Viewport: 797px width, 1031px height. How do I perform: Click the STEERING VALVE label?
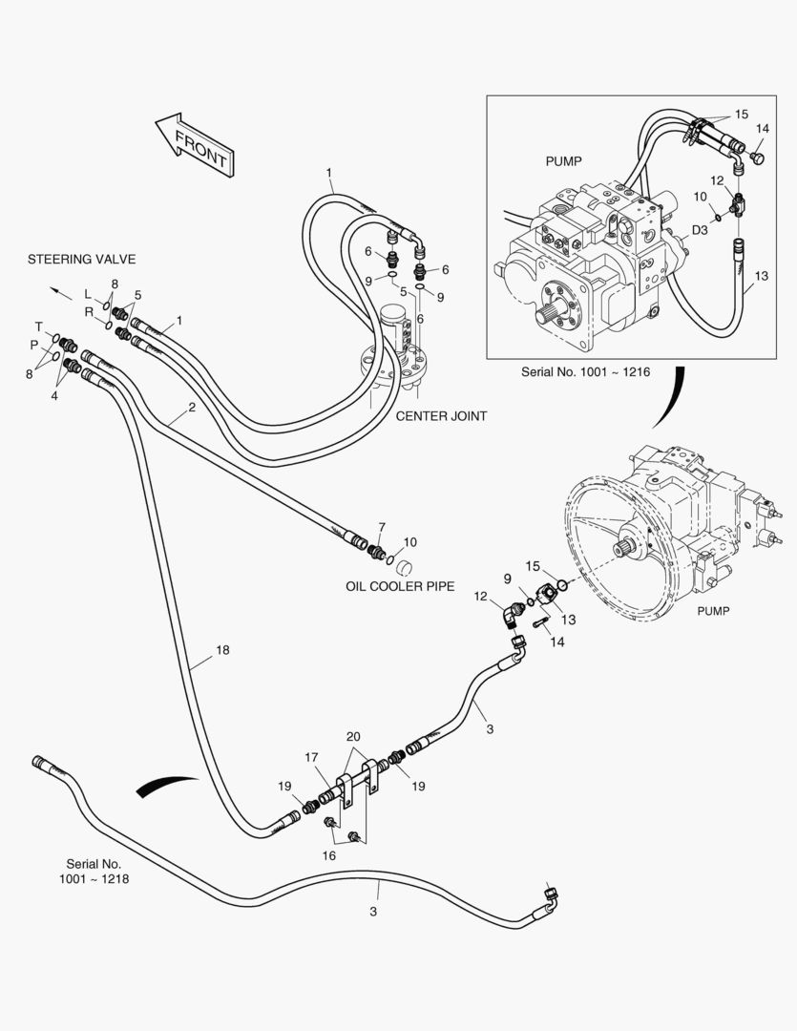pos(81,259)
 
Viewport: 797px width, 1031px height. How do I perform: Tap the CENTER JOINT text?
pos(441,416)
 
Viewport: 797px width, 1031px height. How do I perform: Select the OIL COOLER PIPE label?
pos(400,586)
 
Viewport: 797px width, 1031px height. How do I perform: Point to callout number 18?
pos(222,650)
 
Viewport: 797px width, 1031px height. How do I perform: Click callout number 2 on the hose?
pos(192,408)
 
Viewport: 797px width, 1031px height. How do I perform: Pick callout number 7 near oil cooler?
pos(382,527)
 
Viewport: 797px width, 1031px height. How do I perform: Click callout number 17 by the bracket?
pos(311,757)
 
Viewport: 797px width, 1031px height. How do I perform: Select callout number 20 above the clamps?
pos(354,737)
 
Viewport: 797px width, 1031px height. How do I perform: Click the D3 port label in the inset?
pos(699,230)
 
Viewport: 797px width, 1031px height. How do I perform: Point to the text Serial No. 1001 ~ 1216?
pos(585,371)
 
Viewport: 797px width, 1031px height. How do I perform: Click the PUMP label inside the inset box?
pos(563,161)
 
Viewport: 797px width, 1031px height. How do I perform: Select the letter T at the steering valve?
pos(39,326)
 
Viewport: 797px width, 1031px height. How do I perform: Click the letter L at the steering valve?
pos(87,293)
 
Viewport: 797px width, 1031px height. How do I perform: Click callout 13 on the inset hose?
pos(761,277)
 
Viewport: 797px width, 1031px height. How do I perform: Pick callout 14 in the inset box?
pos(763,128)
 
